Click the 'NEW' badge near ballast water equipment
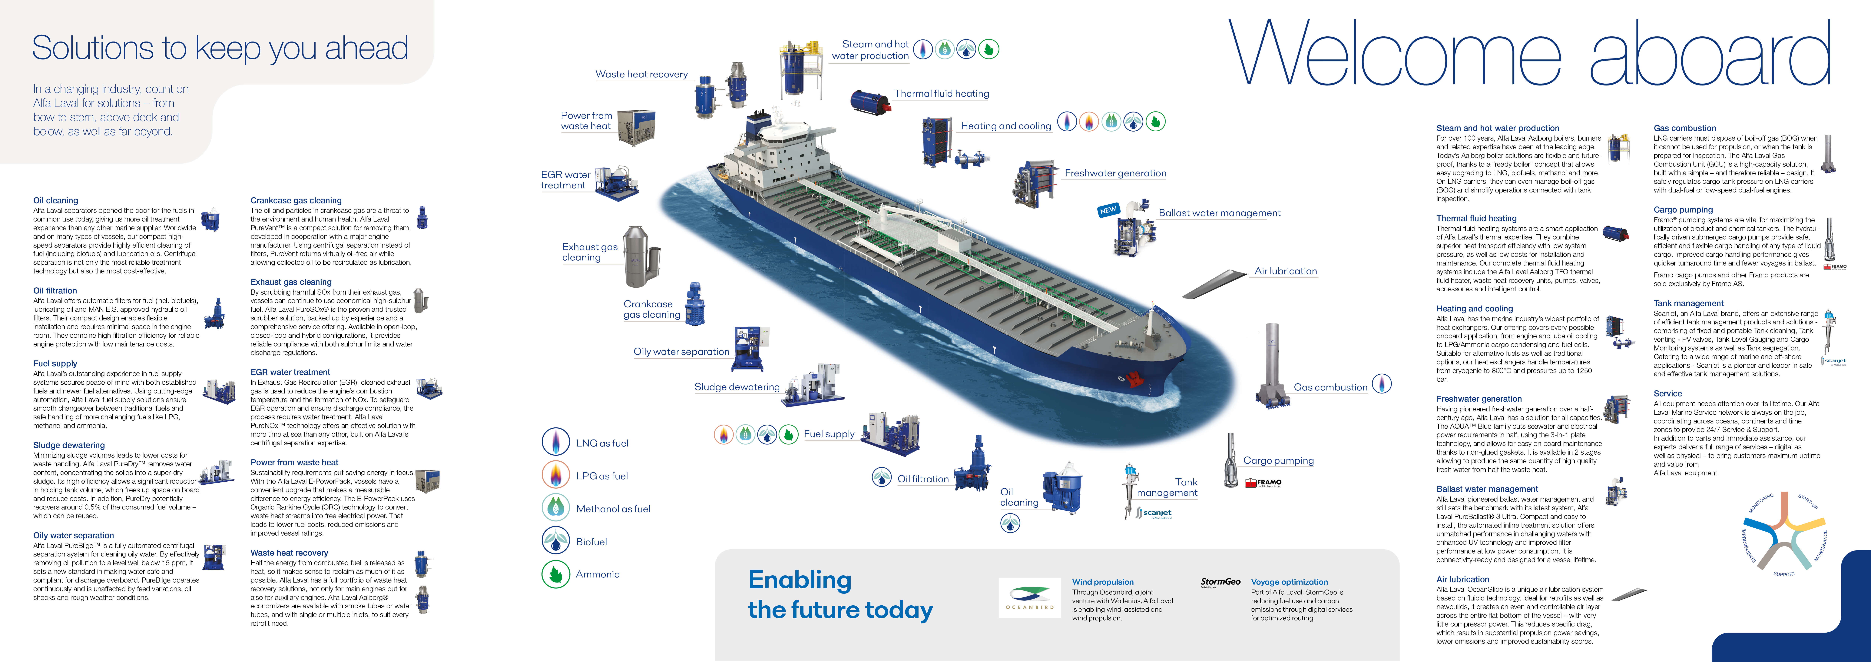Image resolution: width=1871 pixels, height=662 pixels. tap(1108, 210)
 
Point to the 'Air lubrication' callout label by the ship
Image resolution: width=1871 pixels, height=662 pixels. tap(1286, 271)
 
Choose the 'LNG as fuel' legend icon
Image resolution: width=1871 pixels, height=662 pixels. tap(556, 442)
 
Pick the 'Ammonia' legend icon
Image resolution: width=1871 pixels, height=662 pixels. tap(556, 574)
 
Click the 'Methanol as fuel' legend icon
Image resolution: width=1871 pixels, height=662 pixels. tap(556, 507)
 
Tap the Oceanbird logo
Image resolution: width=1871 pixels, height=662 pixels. tap(1029, 597)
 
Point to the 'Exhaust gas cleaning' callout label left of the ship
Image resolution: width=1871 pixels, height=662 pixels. tap(590, 251)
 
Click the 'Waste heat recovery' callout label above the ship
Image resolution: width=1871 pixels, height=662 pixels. tap(641, 74)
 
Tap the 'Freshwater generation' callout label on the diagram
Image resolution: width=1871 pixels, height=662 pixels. tap(1115, 173)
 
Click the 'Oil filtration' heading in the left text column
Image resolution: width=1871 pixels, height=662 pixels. tap(55, 291)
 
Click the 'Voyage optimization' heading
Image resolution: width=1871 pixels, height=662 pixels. tap(1289, 582)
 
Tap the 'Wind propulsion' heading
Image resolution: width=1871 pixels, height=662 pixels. tap(1103, 582)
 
